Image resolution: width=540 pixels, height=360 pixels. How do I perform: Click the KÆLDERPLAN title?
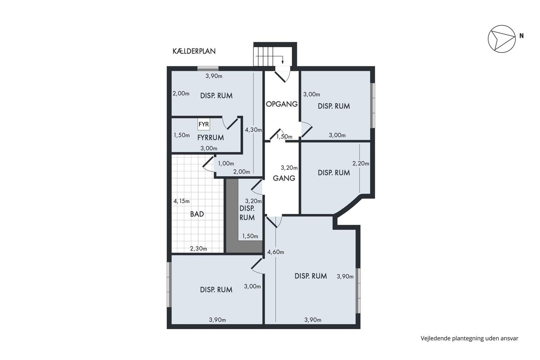194,51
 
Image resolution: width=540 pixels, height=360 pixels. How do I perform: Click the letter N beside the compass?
521,35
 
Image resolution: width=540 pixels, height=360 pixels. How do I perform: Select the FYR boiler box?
204,124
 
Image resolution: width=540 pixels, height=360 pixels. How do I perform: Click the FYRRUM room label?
211,138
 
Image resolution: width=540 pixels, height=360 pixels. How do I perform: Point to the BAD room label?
197,214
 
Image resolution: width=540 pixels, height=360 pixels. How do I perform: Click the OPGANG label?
282,104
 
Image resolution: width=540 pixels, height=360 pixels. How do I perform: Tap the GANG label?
284,178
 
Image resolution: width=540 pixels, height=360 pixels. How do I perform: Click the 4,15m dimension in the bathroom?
182,201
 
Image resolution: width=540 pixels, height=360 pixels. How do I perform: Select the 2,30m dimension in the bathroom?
199,248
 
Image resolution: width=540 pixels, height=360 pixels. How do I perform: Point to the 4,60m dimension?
275,252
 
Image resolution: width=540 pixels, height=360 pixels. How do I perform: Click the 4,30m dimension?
253,130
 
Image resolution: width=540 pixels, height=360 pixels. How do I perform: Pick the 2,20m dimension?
361,164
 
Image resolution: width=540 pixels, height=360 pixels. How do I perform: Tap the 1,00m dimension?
226,164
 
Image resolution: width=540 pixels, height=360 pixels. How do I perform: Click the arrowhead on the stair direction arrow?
282,63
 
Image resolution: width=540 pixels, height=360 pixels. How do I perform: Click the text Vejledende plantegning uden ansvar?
469,338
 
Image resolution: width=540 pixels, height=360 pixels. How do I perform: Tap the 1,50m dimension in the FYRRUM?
182,135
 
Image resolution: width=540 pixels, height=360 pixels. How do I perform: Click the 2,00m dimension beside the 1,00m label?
241,172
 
